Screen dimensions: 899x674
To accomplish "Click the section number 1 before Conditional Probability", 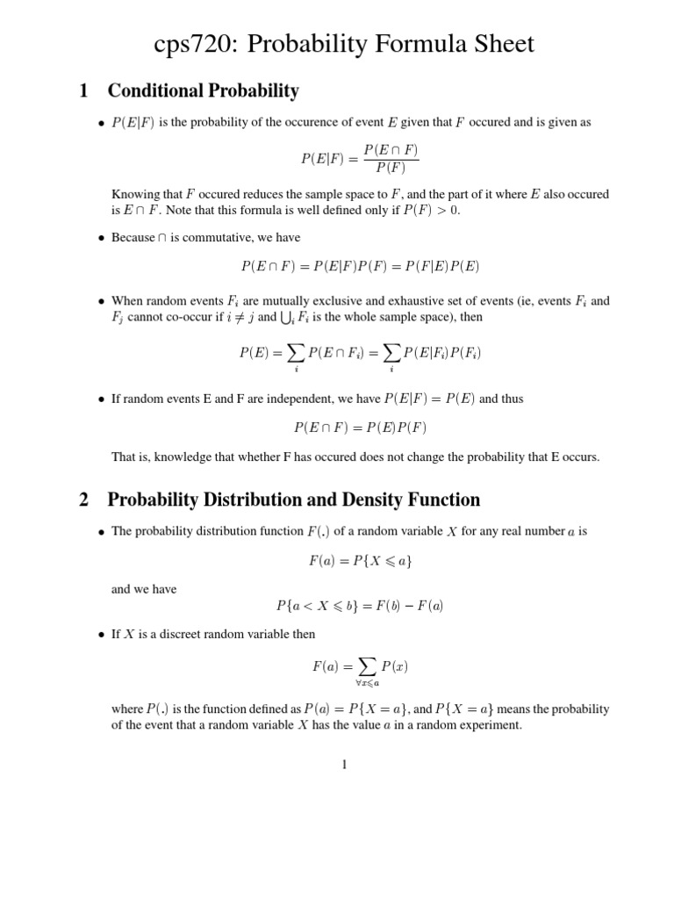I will pyautogui.click(x=83, y=91).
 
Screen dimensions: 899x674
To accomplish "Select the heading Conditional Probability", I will pyautogui.click(x=203, y=91).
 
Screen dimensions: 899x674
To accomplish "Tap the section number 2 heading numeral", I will pyautogui.click(x=83, y=500).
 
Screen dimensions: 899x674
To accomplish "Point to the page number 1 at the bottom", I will pyautogui.click(x=345, y=765).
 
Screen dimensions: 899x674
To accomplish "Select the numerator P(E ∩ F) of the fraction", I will pyautogui.click(x=391, y=150).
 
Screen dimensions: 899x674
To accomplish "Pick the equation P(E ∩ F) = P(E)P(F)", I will pyautogui.click(x=360, y=428).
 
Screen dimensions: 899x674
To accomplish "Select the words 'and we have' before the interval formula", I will pyautogui.click(x=144, y=589).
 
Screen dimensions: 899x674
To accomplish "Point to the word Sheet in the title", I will pyautogui.click(x=492, y=45).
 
